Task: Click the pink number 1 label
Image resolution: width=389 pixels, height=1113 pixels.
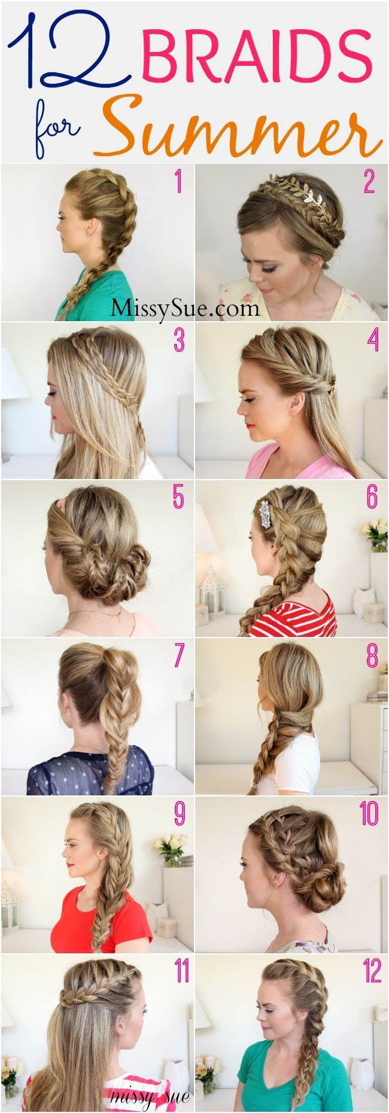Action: point(177,183)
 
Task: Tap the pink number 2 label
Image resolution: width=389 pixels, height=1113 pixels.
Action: point(368,182)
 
